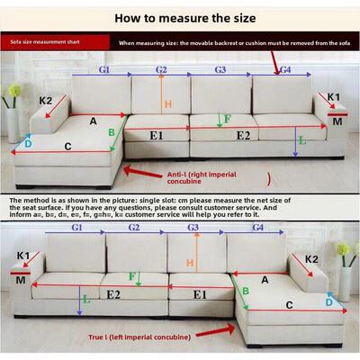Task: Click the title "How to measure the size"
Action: click(179, 16)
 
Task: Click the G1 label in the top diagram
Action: click(104, 68)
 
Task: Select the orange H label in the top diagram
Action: click(167, 104)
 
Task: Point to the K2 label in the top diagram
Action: click(45, 100)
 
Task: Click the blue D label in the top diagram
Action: click(27, 142)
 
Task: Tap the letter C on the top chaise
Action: click(68, 147)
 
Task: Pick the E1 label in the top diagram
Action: click(156, 136)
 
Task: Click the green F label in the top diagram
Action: click(227, 118)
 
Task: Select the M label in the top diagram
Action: click(337, 120)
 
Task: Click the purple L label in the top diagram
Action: click(301, 140)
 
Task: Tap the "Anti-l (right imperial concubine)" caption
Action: click(202, 176)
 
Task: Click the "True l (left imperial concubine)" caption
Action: click(140, 336)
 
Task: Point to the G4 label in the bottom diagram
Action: click(258, 229)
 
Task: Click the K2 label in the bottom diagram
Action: click(311, 259)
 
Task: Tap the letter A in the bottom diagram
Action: click(265, 280)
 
